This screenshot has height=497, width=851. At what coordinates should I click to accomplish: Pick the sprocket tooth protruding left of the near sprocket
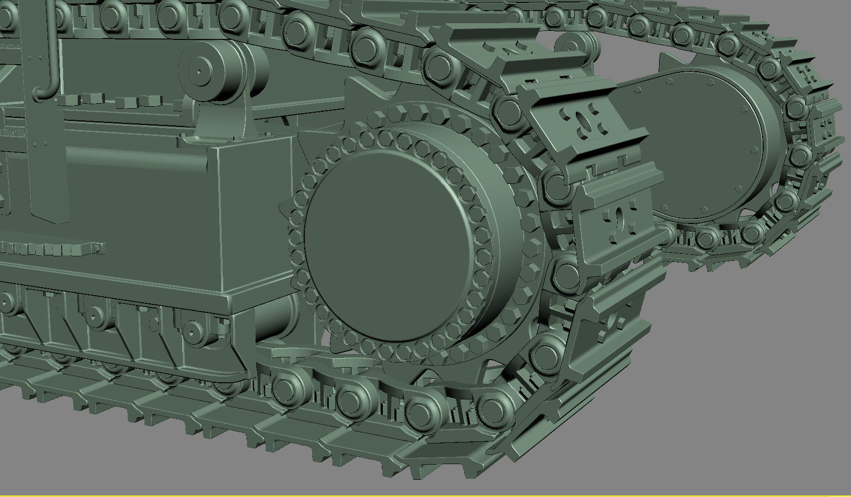pos(286,212)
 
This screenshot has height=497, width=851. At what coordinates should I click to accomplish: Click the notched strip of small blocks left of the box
pos(51,248)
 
